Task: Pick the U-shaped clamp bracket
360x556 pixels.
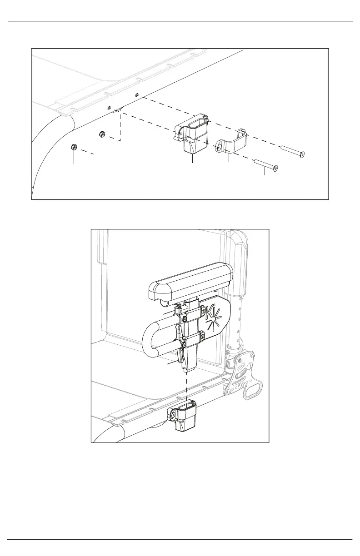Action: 232,142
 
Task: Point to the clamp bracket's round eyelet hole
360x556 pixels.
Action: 219,148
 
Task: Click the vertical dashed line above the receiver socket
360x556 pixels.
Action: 186,386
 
